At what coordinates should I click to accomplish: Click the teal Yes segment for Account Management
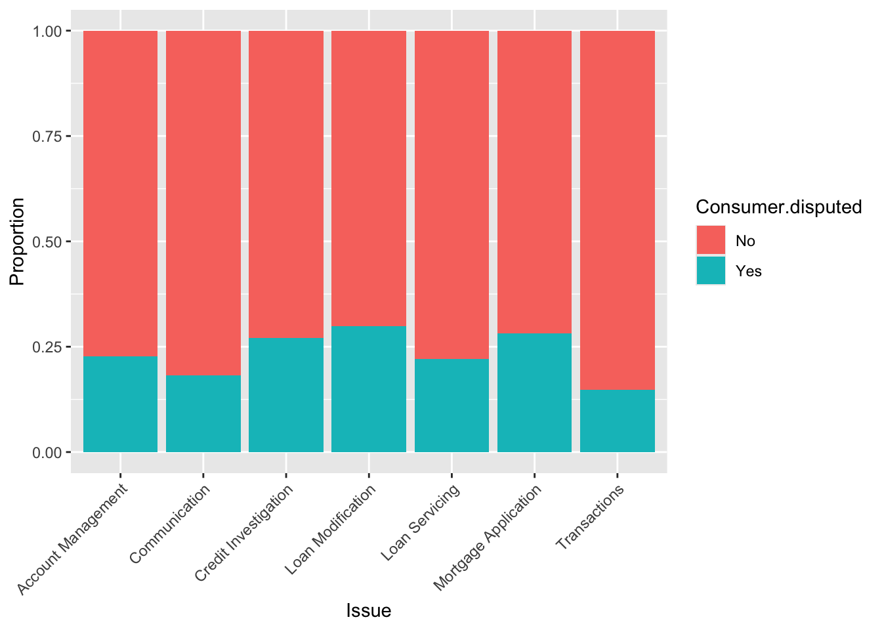coord(120,404)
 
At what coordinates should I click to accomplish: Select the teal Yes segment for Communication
coord(203,413)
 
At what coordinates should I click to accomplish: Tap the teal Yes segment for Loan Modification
coord(369,389)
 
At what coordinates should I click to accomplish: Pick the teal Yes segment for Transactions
coord(618,421)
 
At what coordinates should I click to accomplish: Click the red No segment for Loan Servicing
coord(451,195)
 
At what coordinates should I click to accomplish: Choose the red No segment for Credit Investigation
coord(286,184)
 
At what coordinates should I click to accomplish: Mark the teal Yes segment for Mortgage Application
coord(534,392)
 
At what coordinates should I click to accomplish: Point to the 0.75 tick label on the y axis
coord(48,136)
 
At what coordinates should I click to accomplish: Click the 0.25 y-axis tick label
coord(48,347)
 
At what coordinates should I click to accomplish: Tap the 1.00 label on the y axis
coord(48,31)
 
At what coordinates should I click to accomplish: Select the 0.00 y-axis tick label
coord(48,452)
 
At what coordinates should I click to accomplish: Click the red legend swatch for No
coord(711,240)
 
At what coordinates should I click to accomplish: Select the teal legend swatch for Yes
coord(711,270)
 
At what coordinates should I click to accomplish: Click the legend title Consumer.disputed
coord(778,207)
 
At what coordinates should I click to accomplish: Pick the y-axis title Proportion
coord(17,241)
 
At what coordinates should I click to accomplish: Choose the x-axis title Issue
coord(368,611)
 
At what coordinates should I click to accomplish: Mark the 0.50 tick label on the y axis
coord(48,242)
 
